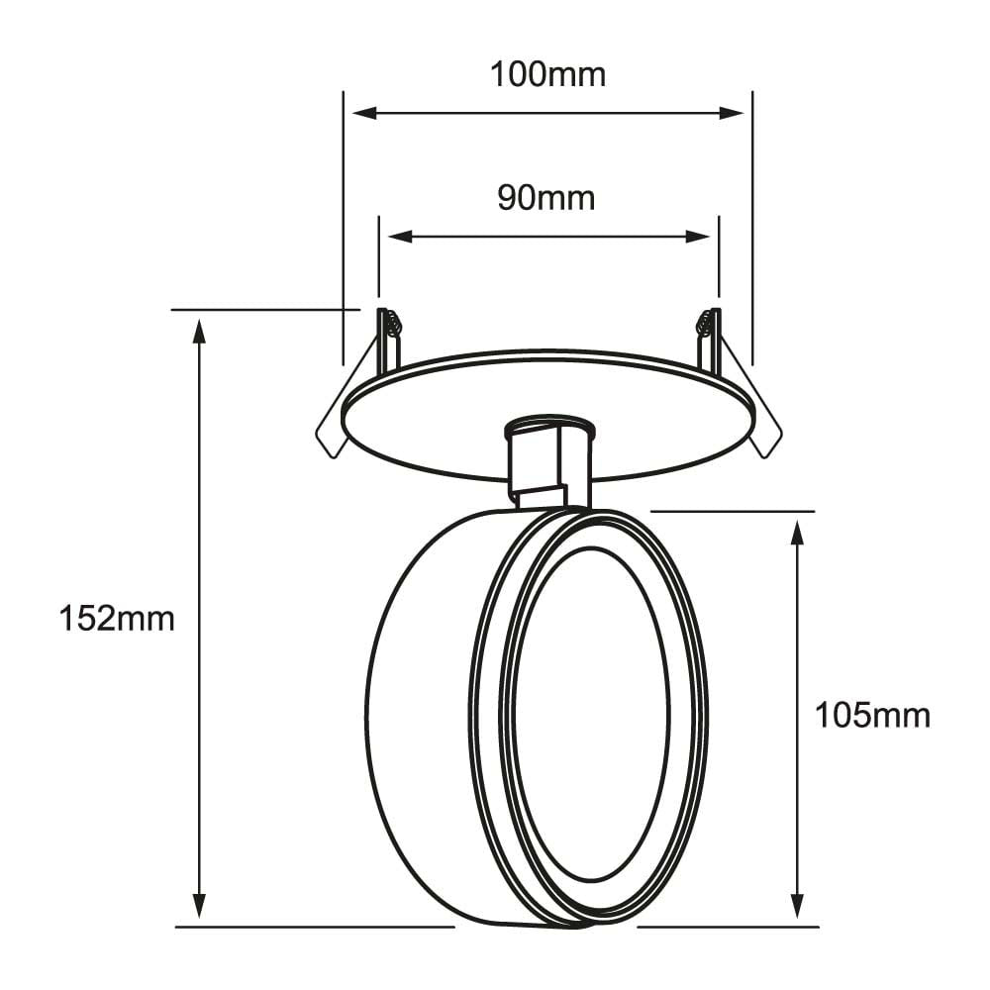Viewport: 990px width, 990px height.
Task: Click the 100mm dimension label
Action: click(547, 74)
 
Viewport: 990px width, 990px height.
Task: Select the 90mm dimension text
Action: click(546, 197)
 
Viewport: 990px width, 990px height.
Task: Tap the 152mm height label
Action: click(117, 620)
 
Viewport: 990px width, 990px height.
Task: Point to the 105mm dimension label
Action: click(872, 715)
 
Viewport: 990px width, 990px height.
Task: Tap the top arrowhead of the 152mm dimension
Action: click(199, 330)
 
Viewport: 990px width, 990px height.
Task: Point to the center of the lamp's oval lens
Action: click(591, 715)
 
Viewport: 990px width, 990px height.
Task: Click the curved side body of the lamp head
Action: click(416, 723)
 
